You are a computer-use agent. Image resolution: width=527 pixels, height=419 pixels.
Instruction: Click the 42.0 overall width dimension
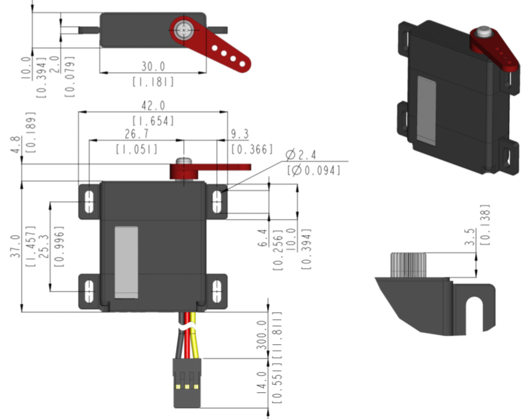pyautogui.click(x=153, y=105)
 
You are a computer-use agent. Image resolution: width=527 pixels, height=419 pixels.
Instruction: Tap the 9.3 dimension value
pyautogui.click(x=240, y=134)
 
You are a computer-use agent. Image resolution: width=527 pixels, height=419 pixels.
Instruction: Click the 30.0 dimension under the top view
pyautogui.click(x=153, y=66)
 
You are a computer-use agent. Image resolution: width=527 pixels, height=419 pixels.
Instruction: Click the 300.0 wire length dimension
pyautogui.click(x=261, y=333)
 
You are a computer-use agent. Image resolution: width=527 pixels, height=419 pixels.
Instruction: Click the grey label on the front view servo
pyautogui.click(x=126, y=262)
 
